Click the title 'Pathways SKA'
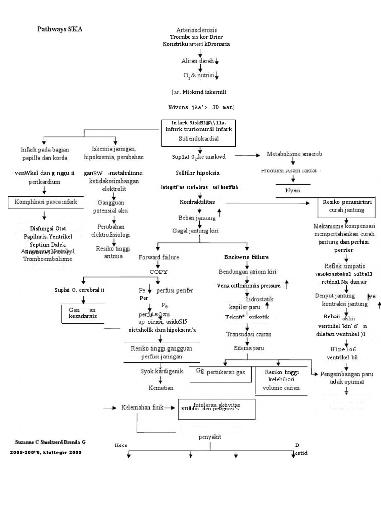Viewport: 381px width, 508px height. coord(60,29)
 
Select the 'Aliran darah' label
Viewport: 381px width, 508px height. coord(197,60)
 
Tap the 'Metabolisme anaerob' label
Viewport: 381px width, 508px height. coord(295,155)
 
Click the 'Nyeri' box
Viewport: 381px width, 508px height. coord(293,190)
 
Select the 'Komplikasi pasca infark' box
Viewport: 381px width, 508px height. coord(44,202)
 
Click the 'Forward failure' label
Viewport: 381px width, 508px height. coord(159,257)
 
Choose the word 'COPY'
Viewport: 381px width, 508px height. coord(159,272)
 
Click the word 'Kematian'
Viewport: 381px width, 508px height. coord(161,387)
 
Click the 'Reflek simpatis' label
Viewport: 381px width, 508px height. coord(343,266)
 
